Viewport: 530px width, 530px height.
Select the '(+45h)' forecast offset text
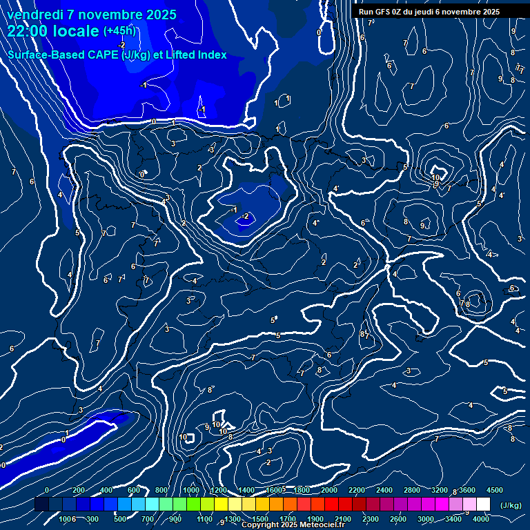pyautogui.click(x=119, y=31)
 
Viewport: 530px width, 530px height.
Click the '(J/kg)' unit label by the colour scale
pyautogui.click(x=510, y=506)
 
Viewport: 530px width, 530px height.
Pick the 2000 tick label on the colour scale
pyautogui.click(x=328, y=490)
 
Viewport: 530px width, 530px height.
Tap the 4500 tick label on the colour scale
pyautogui.click(x=494, y=490)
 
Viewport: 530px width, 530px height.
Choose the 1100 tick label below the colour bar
pyautogui.click(x=204, y=519)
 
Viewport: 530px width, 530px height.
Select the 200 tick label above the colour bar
pyautogui.click(x=78, y=490)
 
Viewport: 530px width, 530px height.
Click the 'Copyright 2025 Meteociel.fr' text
pyautogui.click(x=293, y=525)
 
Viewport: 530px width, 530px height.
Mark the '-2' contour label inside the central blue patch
pyautogui.click(x=246, y=217)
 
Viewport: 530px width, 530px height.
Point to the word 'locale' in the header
pyautogui.click(x=75, y=31)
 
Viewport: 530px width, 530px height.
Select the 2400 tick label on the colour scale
pyautogui.click(x=384, y=490)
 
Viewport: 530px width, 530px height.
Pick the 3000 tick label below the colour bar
pyautogui.click(x=426, y=519)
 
